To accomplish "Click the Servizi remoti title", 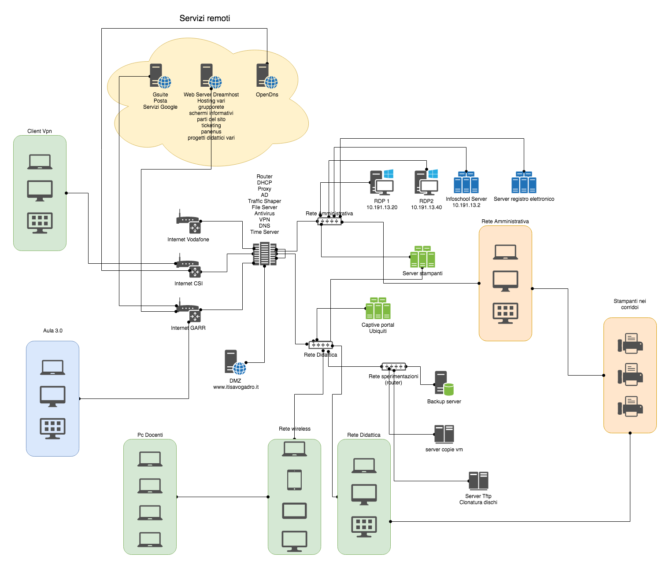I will (204, 18).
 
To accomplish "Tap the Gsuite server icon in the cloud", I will (160, 76).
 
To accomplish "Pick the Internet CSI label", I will (189, 284).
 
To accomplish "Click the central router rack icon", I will (264, 254).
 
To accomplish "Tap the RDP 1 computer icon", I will (381, 183).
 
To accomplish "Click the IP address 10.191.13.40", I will (426, 207).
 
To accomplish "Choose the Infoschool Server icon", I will (466, 183).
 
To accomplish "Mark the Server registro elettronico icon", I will (524, 183).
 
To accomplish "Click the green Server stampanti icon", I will (422, 257).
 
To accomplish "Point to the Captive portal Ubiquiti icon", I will (378, 309).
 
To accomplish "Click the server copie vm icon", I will (444, 434).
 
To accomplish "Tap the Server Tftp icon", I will (478, 481).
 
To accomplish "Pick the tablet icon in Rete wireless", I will (294, 480).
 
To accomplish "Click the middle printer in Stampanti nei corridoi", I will (630, 375).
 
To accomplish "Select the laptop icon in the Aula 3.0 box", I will (52, 368).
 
